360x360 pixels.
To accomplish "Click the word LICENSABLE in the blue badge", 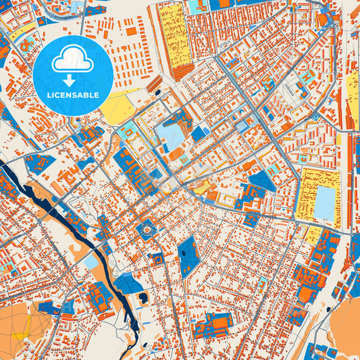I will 72,95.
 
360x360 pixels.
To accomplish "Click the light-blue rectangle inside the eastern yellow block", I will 325,203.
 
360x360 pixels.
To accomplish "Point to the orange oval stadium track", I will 175,153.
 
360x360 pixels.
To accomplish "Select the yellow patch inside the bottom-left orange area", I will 22,336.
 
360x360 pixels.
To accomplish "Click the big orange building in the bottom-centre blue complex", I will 217,323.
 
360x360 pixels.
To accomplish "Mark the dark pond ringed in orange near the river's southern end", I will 143,297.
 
